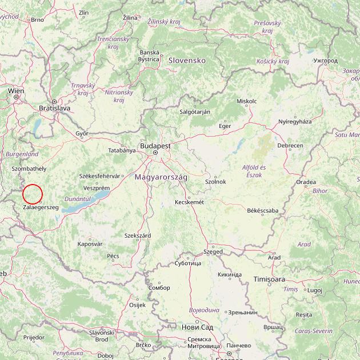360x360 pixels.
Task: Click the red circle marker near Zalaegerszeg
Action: click(x=34, y=194)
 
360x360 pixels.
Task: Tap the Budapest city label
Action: click(x=155, y=146)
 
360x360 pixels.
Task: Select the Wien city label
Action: click(x=16, y=91)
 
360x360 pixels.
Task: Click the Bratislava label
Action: click(x=54, y=107)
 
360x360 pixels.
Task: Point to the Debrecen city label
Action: click(x=290, y=146)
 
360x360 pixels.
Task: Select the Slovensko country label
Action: click(x=186, y=60)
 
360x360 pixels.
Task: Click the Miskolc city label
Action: click(x=246, y=101)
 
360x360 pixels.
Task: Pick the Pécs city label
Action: click(x=113, y=255)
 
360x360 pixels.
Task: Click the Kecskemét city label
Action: click(x=189, y=202)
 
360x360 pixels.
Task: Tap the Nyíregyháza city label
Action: click(x=295, y=122)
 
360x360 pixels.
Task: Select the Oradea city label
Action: click(x=306, y=182)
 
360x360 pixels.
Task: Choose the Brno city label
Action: click(x=37, y=19)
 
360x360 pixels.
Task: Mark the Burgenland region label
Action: click(x=22, y=154)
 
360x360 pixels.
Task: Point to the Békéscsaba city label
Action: click(x=262, y=210)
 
